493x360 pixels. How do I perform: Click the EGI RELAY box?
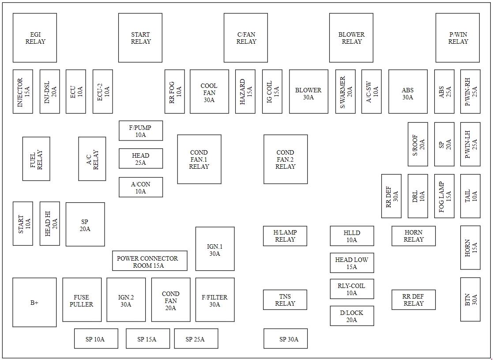coord(35,38)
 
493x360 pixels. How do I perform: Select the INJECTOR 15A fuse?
coord(23,91)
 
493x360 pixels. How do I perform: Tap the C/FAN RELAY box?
coord(246,38)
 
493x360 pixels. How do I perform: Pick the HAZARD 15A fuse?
coord(245,91)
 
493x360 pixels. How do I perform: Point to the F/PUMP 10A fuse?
coord(141,131)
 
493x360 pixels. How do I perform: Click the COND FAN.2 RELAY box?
coord(286,159)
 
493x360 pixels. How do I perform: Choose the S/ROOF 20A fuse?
coord(418,144)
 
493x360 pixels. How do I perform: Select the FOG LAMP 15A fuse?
coord(444,196)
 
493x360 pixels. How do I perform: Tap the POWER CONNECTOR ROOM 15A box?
coord(150,261)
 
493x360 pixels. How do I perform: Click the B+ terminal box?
coord(34,302)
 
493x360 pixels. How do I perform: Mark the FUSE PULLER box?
coord(82,299)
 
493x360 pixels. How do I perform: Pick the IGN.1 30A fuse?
coord(215,249)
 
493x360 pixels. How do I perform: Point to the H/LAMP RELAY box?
coord(285,236)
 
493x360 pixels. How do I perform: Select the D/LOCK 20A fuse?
coord(352,316)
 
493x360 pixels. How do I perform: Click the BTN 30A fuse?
coord(470,299)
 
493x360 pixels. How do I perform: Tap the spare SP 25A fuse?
coord(196,339)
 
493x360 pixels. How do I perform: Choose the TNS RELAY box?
coord(285,299)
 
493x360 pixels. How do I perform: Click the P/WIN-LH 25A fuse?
coord(470,144)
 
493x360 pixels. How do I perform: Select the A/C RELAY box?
coord(92,159)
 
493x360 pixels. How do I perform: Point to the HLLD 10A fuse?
coord(352,236)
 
